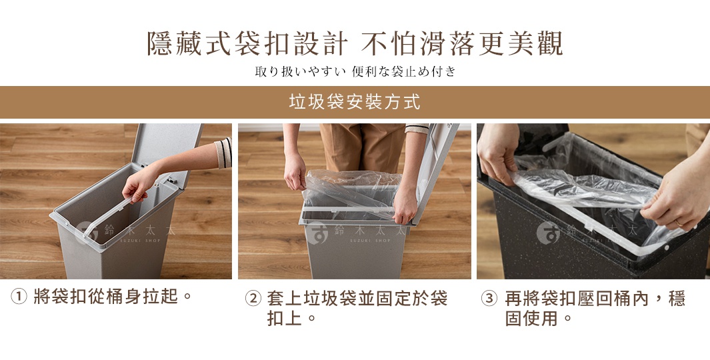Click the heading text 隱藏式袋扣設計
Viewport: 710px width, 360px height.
(x=247, y=44)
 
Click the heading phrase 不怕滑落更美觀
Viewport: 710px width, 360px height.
(x=463, y=44)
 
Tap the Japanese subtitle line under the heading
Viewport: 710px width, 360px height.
(x=355, y=71)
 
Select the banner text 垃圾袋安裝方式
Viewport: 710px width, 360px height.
(x=355, y=102)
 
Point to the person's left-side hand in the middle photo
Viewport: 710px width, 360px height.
(x=294, y=177)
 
